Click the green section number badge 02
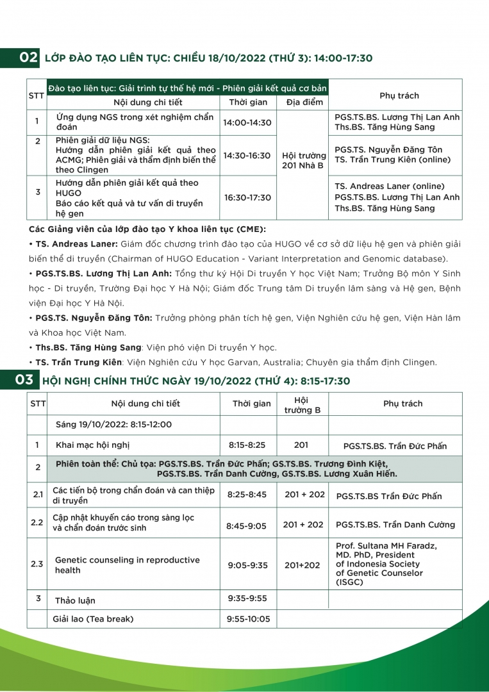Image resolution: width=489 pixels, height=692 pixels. [29, 58]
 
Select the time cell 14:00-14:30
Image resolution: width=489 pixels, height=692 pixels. [247, 122]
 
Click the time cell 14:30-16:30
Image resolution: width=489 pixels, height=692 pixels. [247, 155]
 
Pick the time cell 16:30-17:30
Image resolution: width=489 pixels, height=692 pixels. [247, 197]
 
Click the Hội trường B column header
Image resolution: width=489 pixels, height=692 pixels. [302, 405]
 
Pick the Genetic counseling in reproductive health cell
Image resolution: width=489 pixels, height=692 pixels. [127, 564]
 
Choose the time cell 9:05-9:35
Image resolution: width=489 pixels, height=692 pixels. [247, 565]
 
